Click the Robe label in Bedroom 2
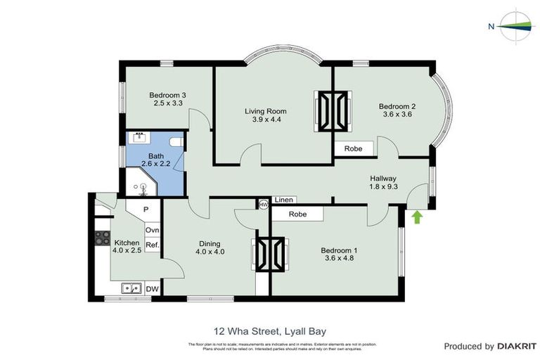pos(353,148)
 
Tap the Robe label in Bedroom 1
pos(298,214)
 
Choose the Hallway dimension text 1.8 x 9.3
pos(383,188)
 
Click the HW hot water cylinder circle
pos(264,204)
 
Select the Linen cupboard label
pos(284,200)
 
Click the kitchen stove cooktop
pos(102,238)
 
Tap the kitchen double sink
pos(131,288)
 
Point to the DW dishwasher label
pos(152,288)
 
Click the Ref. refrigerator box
pos(152,245)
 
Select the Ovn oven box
pos(152,230)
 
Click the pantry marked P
pos(146,210)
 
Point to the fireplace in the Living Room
pos(334,111)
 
